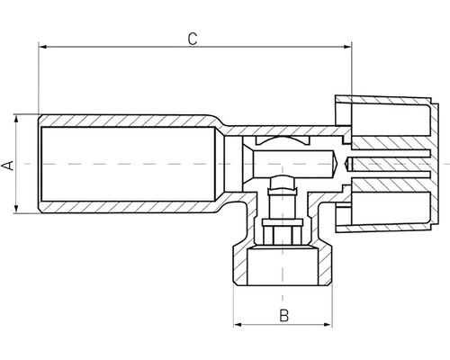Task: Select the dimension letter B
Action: (283, 315)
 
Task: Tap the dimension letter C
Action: (192, 39)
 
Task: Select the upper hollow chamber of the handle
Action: (389, 128)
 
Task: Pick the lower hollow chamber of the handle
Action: (389, 199)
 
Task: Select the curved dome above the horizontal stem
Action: (282, 141)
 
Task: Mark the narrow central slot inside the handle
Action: (387, 164)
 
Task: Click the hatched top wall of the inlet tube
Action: (126, 121)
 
